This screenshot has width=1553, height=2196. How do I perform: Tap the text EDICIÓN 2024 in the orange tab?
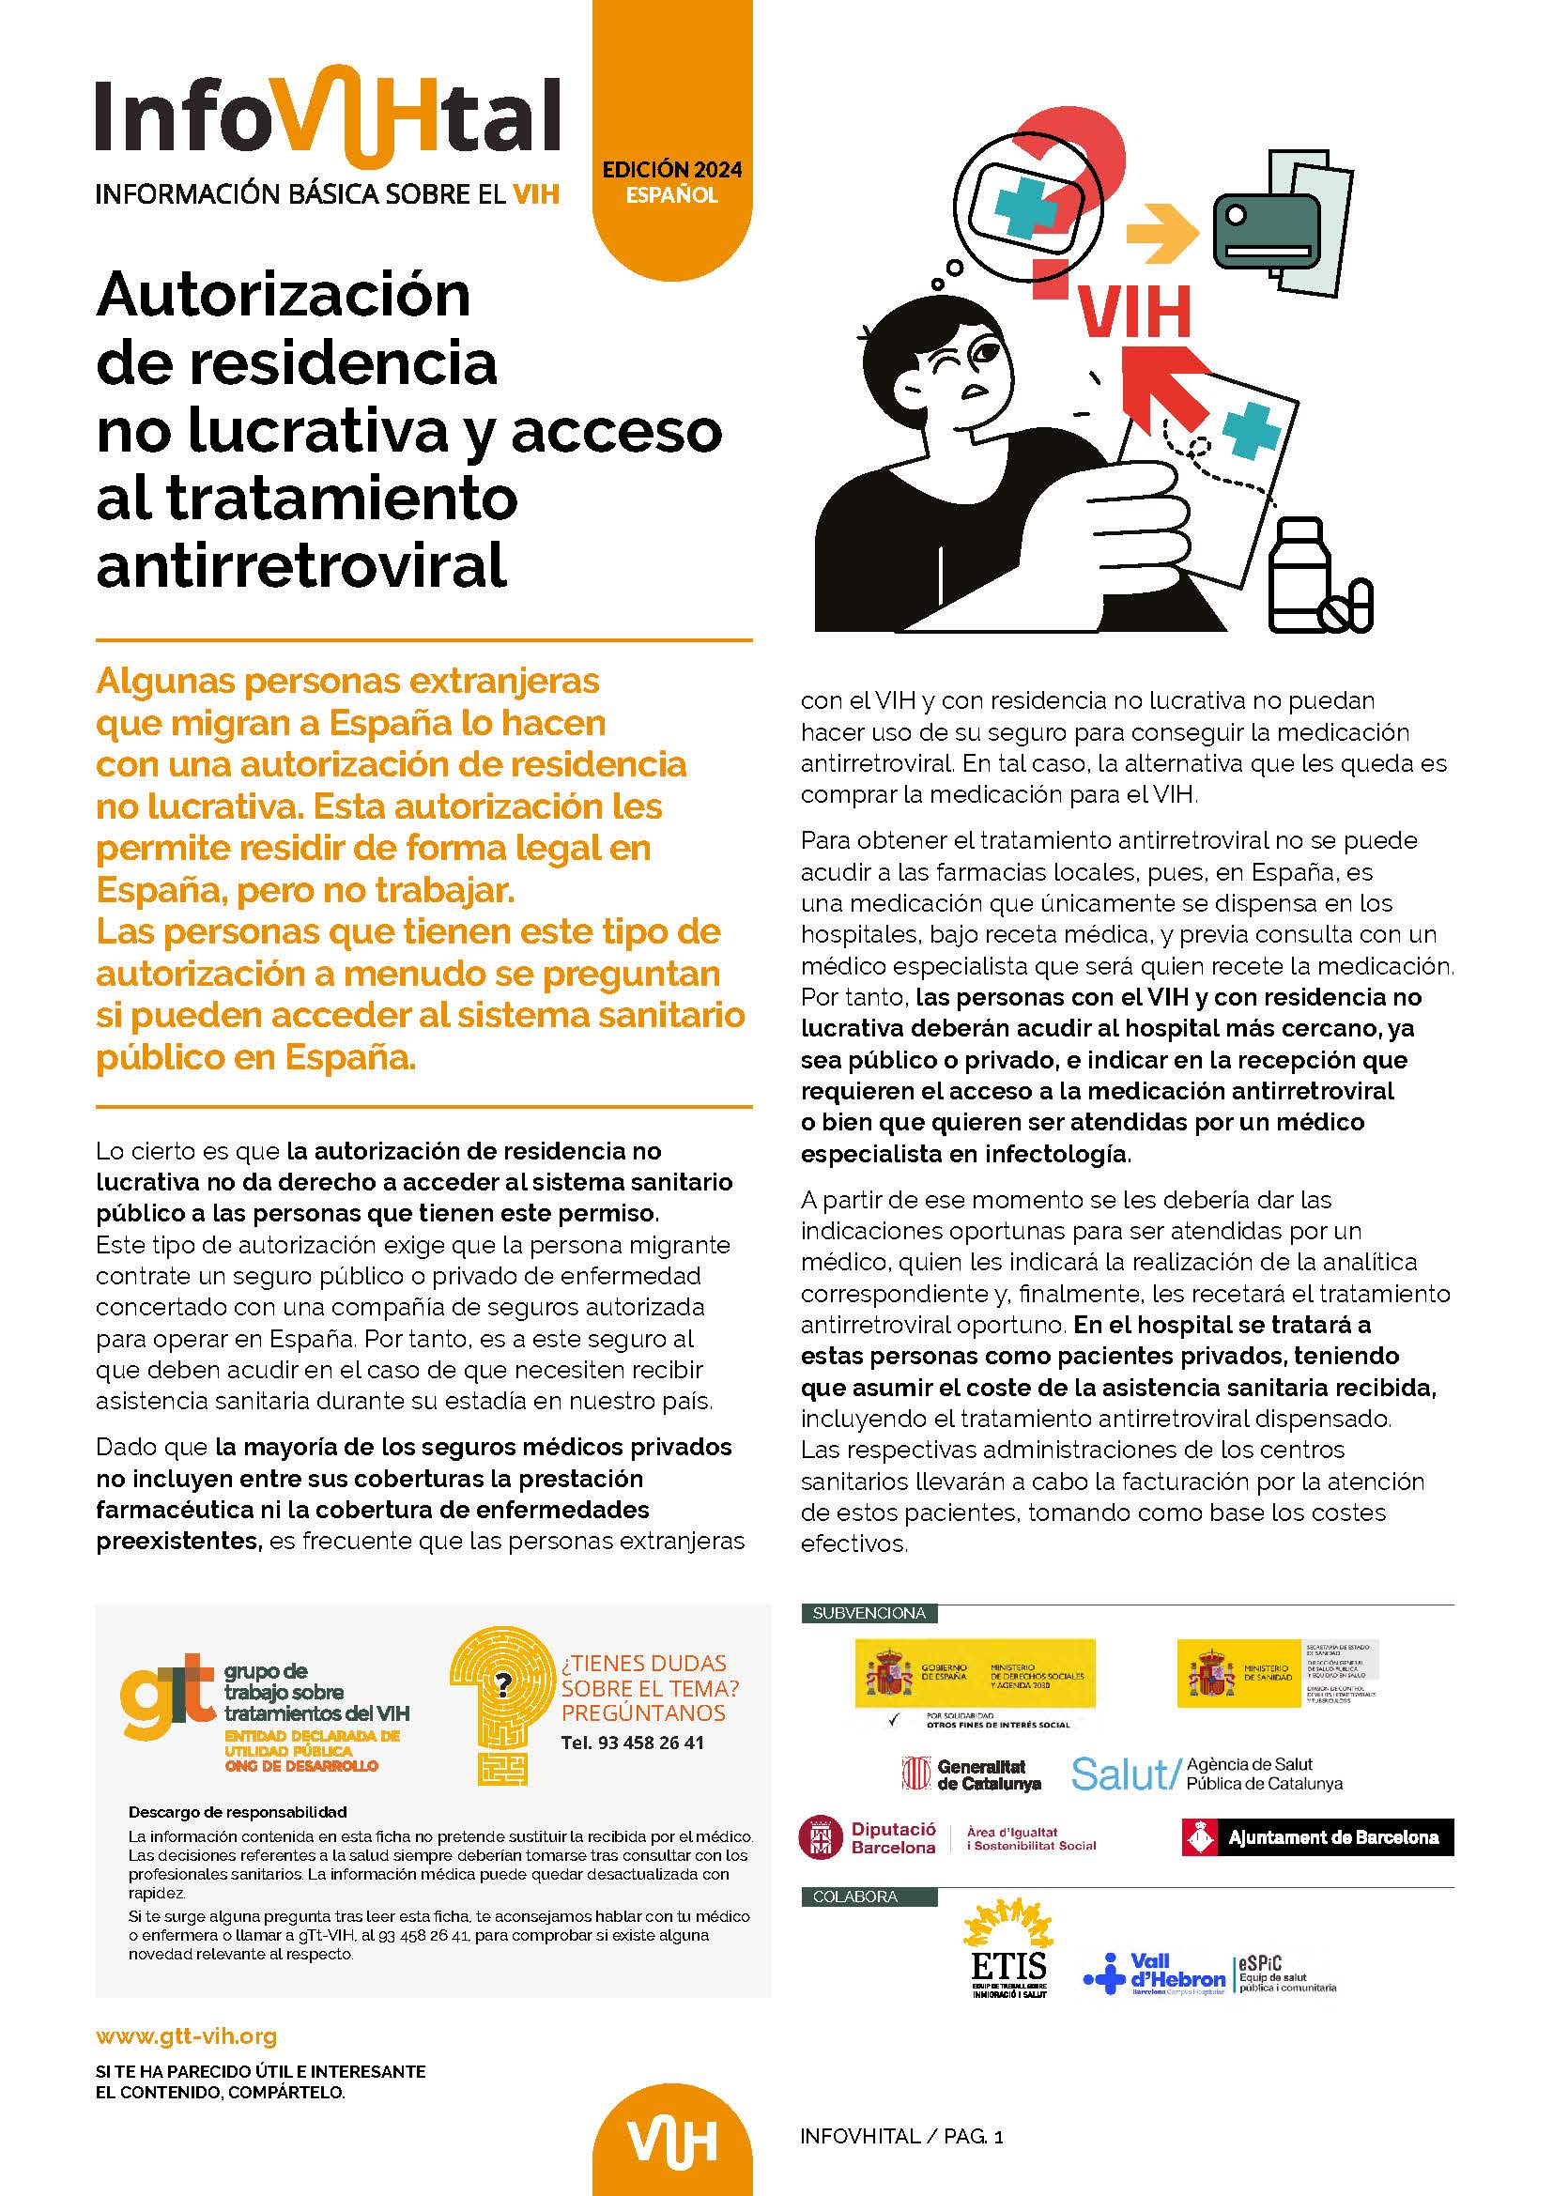pos(671,170)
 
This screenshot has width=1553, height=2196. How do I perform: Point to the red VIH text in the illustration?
pos(1135,313)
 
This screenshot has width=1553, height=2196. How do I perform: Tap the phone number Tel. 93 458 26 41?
pos(632,1743)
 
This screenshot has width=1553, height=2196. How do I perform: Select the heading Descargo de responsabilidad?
pos(238,1811)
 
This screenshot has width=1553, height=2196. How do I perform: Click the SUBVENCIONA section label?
pos(869,1614)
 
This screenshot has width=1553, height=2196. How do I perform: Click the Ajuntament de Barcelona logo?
pos(1318,1837)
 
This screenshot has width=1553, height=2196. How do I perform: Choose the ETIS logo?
pos(1007,1959)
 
